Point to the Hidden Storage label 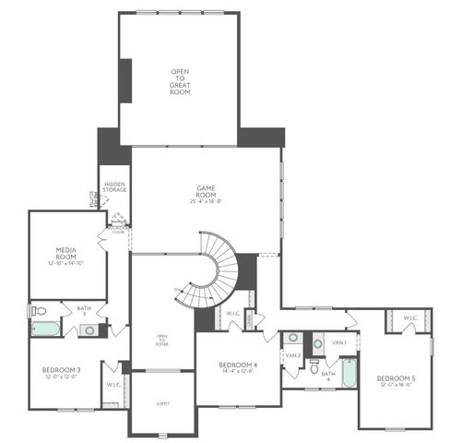pos(115,188)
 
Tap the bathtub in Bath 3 pos(45,328)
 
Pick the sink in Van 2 pos(292,338)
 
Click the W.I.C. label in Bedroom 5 pos(410,318)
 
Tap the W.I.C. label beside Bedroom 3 pos(112,385)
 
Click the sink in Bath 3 pos(87,329)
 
